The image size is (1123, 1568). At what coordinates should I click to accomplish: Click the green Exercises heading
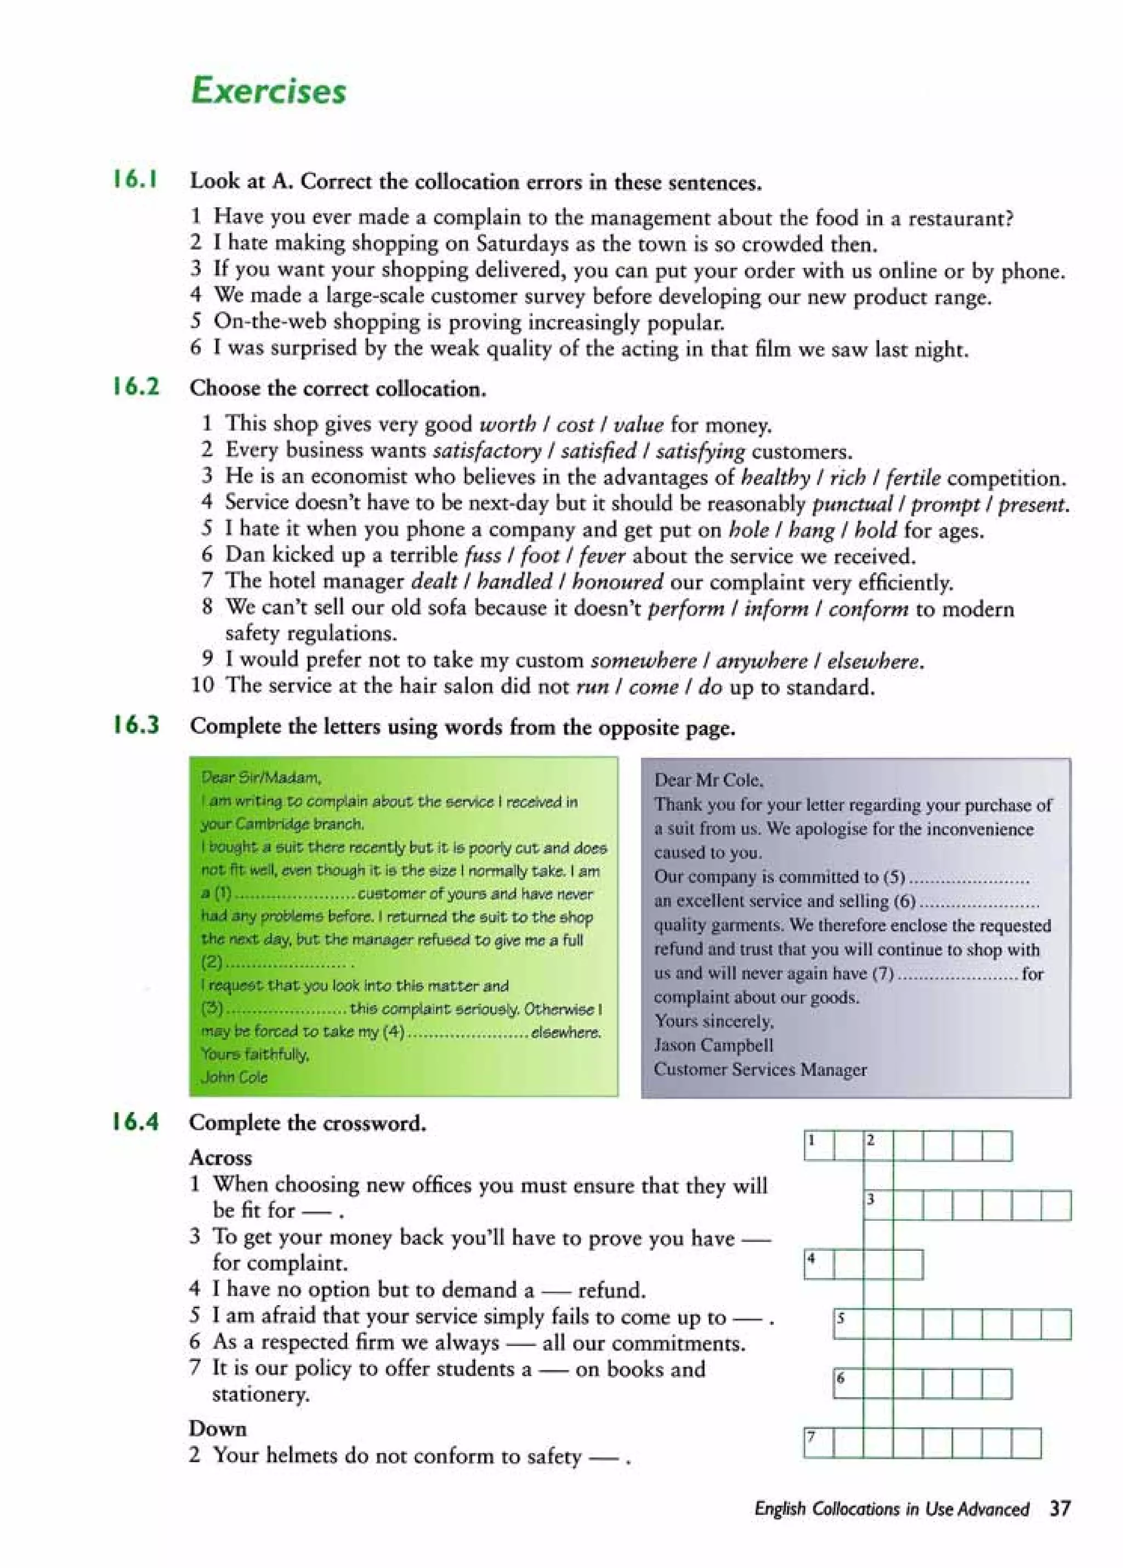click(268, 91)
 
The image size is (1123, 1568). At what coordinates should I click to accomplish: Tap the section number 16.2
click(136, 387)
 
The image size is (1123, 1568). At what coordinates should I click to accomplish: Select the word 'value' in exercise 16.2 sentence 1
click(638, 425)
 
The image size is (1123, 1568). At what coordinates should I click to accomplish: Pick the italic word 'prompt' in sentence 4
click(945, 504)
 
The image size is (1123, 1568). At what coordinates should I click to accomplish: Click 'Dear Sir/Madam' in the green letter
click(260, 778)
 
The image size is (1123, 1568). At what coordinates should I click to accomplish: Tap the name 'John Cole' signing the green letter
click(234, 1076)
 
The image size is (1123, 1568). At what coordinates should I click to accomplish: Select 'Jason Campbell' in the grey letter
click(713, 1045)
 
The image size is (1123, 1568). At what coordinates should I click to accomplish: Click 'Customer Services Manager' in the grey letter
click(759, 1069)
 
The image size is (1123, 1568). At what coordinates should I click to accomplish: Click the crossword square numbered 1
click(819, 1146)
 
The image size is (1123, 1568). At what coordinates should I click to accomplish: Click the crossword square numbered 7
click(819, 1443)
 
